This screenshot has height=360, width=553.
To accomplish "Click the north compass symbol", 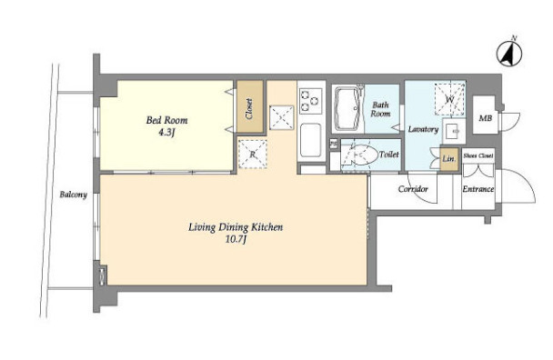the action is tap(509, 53).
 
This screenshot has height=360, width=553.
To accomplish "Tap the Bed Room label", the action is tap(166, 120).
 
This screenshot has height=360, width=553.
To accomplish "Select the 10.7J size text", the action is tap(236, 240).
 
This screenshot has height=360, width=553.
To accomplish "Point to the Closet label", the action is tap(249, 108).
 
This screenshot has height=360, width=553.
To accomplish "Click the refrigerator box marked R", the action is tap(253, 154).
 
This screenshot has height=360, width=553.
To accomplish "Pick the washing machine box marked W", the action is tap(449, 99).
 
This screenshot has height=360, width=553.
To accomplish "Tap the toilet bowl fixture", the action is tap(359, 155).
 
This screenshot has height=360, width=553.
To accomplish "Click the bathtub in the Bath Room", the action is tap(347, 108).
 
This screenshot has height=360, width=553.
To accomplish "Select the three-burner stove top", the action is tap(311, 101).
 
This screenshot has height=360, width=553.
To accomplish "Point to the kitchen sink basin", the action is tap(310, 140).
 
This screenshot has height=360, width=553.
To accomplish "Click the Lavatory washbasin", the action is tap(454, 131).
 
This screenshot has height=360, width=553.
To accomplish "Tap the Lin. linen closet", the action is tap(449, 159).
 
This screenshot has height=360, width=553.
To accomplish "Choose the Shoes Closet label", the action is tap(478, 155).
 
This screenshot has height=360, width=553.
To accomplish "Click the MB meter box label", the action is tap(486, 118).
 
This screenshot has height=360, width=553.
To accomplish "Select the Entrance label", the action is tap(478, 189).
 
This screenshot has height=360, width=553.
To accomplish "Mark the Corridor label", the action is tap(413, 189).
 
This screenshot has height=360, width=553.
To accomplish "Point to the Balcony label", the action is tap(73, 195).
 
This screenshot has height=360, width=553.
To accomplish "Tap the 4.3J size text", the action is tap(166, 133).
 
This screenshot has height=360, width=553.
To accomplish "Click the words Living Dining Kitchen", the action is tap(236, 227).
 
